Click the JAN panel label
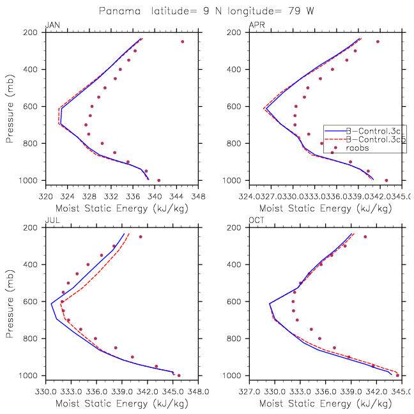pyautogui.click(x=52, y=26)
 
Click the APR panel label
pyautogui.click(x=255, y=26)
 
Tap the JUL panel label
pyautogui.click(x=51, y=221)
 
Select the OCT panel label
pyautogui.click(x=256, y=221)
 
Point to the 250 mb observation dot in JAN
pyautogui.click(x=183, y=42)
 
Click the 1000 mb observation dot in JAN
pyautogui.click(x=159, y=180)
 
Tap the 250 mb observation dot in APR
pyautogui.click(x=378, y=42)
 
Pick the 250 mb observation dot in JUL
pyautogui.click(x=141, y=237)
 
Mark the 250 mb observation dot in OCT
pyautogui.click(x=365, y=237)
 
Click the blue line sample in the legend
pyautogui.click(x=333, y=130)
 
